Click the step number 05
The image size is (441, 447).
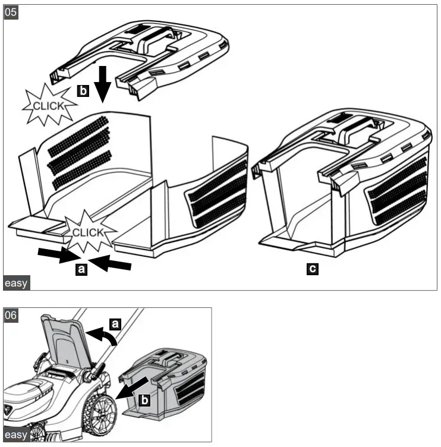[x=11, y=12]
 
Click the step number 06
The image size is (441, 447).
[x=11, y=315]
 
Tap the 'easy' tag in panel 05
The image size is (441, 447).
[x=15, y=283]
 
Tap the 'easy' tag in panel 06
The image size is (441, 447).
[x=15, y=435]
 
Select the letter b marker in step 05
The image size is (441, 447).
[x=83, y=91]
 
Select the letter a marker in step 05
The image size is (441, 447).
[x=83, y=269]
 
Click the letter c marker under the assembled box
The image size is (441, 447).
[x=311, y=269]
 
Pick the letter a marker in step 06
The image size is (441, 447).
[x=116, y=323]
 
